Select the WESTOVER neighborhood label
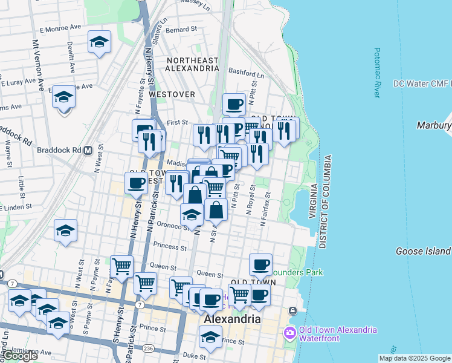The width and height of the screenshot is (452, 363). click(172, 94)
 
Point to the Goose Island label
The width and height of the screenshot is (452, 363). click(423, 251)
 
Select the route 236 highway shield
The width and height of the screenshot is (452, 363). click(147, 348)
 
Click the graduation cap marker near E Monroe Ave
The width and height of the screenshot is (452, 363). click(99, 42)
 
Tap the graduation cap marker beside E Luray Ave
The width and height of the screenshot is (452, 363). click(63, 97)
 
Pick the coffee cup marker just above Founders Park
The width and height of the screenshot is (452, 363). click(260, 264)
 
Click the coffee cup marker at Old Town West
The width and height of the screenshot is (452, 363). click(137, 182)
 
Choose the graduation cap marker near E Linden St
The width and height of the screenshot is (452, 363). click(65, 230)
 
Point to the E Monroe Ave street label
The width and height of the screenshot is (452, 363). click(60, 28)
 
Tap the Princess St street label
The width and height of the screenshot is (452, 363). click(170, 246)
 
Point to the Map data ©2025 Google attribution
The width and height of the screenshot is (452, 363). click(414, 358)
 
